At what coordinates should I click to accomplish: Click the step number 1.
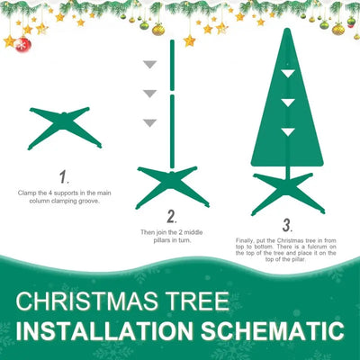[63, 177]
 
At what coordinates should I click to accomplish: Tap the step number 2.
[171, 216]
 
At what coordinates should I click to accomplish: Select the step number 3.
[286, 225]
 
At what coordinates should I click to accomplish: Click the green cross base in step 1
[64, 127]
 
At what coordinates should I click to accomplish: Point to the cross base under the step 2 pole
[171, 184]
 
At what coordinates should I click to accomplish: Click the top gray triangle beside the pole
[150, 64]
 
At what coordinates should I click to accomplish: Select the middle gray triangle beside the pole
[150, 94]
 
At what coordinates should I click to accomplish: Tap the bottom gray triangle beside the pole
[150, 121]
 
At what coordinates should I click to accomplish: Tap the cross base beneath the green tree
[288, 191]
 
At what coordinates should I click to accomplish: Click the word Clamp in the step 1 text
[27, 193]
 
